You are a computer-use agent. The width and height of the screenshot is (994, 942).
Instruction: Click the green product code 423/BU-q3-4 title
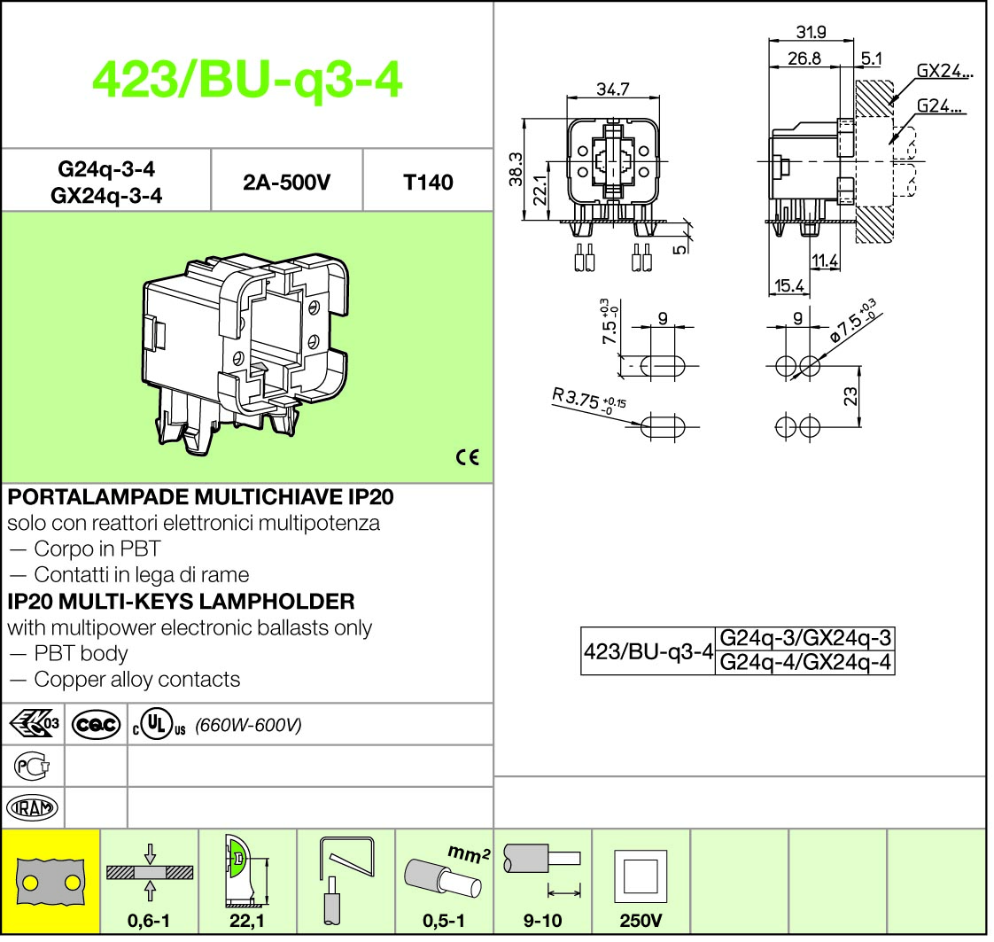point(247,82)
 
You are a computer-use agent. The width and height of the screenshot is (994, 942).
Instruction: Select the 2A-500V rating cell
point(286,183)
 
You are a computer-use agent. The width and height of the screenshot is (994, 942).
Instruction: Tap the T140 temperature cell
point(427,183)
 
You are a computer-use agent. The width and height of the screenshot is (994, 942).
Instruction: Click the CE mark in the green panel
point(467,457)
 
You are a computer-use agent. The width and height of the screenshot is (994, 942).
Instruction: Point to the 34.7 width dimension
point(612,90)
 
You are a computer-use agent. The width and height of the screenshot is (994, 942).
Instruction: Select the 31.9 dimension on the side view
point(811,33)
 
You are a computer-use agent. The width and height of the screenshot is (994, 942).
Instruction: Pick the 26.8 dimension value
point(804,58)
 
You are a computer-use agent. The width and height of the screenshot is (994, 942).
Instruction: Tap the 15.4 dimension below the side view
point(788,285)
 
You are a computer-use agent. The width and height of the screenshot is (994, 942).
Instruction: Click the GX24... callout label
point(944,72)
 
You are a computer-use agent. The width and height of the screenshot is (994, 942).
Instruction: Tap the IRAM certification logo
point(33,807)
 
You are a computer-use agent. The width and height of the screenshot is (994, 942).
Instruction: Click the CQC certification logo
point(97,725)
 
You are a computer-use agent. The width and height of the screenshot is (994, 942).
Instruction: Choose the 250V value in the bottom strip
point(641,921)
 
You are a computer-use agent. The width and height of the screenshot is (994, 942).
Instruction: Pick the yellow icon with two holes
point(51,883)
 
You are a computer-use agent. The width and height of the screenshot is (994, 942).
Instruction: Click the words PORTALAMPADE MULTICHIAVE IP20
point(200,497)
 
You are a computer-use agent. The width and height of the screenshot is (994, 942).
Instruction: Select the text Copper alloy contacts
point(136,680)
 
